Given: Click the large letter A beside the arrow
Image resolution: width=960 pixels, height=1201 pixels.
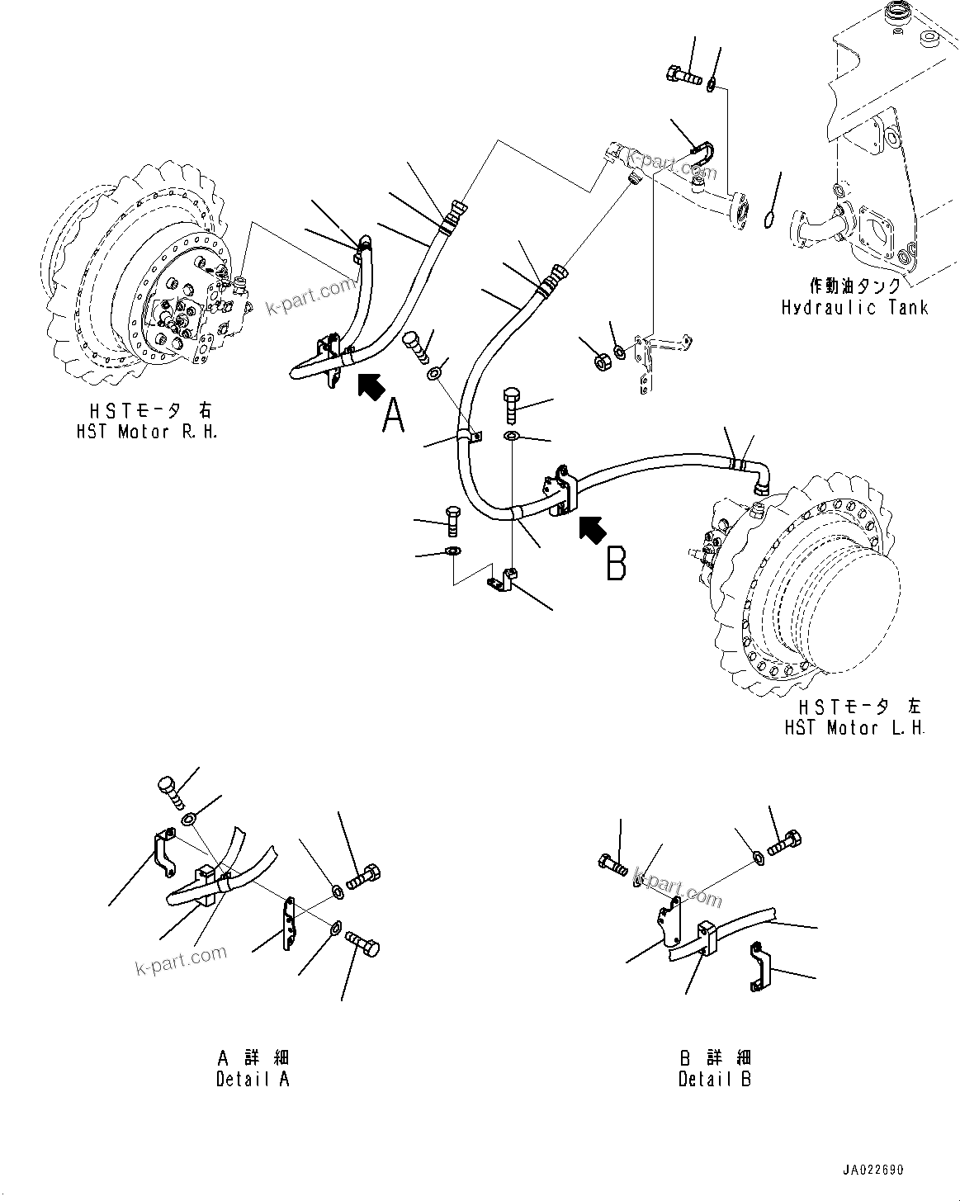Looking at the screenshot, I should point(395,414).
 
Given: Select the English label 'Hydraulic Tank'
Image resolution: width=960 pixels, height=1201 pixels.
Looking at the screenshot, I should point(854,308).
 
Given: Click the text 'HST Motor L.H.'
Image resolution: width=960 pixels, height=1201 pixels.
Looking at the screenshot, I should point(855,728).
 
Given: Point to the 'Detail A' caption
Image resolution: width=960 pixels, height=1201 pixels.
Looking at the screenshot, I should point(253,1079).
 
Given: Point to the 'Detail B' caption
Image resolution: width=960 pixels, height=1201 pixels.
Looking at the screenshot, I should point(715,1079).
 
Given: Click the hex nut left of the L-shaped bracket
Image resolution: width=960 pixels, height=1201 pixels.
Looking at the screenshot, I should point(603,358).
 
